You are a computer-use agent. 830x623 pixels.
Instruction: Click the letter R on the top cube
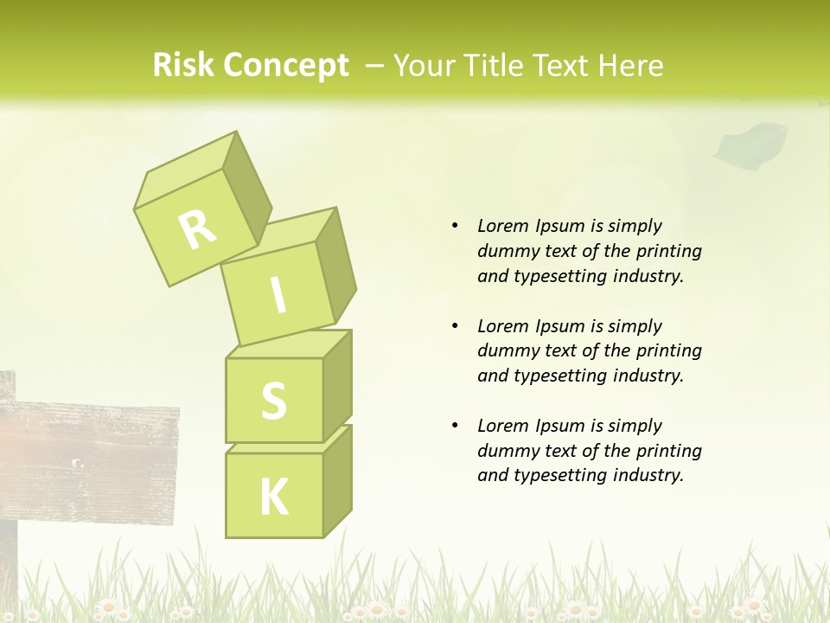coord(197,228)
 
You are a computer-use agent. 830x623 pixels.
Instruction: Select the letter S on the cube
coord(273,401)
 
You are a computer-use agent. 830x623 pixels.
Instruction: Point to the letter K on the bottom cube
coord(273,497)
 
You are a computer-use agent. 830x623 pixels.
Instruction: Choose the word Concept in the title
coord(286,67)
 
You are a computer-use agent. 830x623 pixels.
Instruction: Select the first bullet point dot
coord(455,226)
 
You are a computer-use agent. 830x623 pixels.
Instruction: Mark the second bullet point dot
coord(455,326)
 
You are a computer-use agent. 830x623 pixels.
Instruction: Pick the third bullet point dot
coord(455,426)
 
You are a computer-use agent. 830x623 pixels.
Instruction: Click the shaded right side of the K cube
coord(337,480)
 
